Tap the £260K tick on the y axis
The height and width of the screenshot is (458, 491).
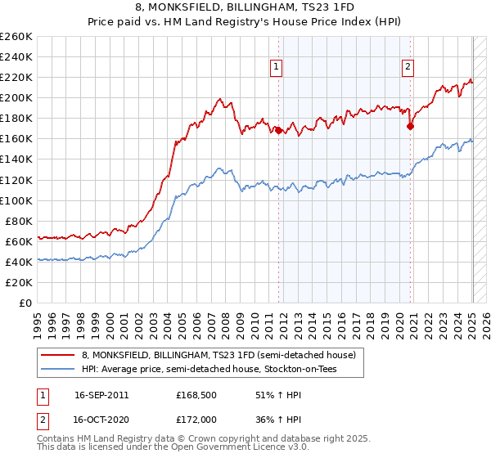point(16,37)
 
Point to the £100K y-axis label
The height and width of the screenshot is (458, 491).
point(16,200)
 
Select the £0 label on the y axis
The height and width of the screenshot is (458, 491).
point(26,303)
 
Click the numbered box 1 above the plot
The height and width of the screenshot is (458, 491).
point(277,68)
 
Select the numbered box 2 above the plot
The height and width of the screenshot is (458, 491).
point(408,68)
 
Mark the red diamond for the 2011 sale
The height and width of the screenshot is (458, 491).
point(278,130)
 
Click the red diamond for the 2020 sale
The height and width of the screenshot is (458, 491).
point(410,126)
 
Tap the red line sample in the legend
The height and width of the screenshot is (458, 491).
point(58,356)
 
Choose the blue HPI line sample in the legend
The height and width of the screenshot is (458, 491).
point(58,370)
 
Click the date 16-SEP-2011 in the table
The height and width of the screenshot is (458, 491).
point(101,394)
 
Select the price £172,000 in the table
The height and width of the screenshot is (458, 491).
point(195,419)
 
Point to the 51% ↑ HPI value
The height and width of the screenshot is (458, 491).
point(268,394)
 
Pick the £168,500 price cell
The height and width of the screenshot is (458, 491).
point(195,394)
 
